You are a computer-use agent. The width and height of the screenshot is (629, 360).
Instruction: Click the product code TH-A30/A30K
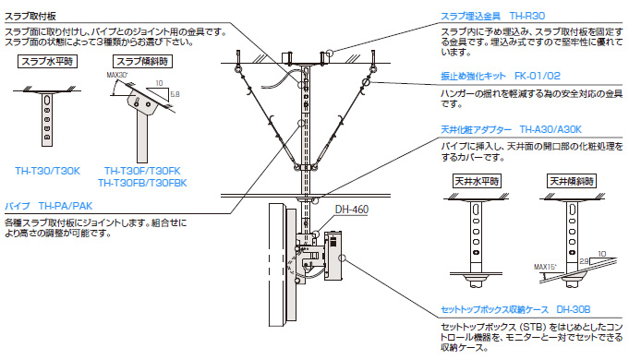point(552,130)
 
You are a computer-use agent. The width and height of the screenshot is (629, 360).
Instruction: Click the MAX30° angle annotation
point(115,75)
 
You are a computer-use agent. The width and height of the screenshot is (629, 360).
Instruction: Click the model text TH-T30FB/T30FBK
point(145,182)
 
